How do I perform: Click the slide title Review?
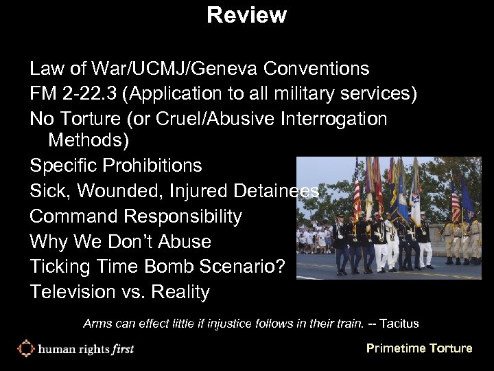point(246,14)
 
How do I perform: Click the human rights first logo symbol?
point(25,348)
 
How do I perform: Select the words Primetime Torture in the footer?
point(419,348)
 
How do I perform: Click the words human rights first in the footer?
point(86,349)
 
